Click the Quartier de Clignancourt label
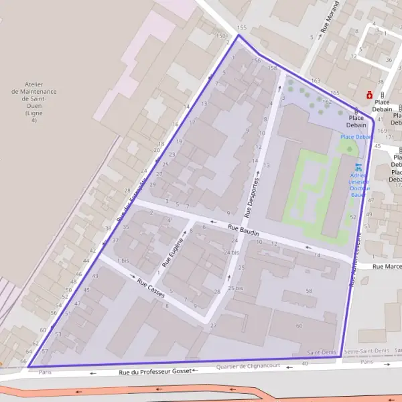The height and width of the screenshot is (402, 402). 248,366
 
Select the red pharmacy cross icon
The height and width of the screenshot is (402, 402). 368,95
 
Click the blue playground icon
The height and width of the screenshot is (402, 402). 358,166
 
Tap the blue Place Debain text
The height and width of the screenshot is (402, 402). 356,137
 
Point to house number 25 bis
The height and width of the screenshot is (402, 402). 235,288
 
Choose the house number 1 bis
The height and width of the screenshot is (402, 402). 123,260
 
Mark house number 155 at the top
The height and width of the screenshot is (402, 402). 241,27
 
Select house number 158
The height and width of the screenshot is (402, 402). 272,68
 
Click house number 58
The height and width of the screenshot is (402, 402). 309,291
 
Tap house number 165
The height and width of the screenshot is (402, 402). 335,93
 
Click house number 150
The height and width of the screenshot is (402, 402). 221,36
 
